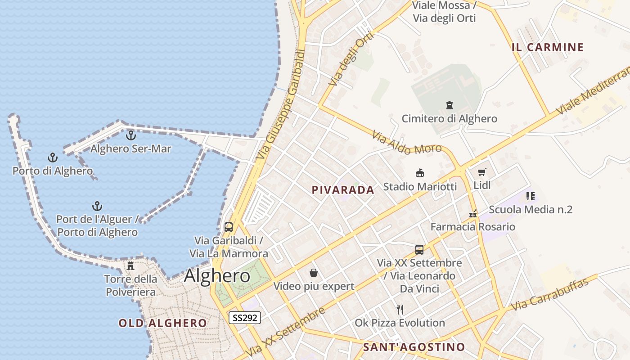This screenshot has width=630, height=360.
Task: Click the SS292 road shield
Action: click(245, 318)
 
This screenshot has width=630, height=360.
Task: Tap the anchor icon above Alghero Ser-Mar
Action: click(131, 135)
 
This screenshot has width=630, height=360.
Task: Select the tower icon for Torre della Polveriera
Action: click(130, 266)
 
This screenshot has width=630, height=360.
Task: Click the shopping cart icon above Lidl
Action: click(482, 172)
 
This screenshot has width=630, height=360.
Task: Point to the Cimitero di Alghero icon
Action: click(449, 106)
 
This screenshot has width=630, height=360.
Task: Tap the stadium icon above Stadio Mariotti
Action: click(420, 173)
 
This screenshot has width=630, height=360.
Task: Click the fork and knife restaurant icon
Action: click(400, 310)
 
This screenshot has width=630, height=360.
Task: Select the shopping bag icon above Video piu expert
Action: click(314, 273)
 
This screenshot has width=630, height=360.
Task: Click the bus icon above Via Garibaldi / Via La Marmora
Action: click(229, 227)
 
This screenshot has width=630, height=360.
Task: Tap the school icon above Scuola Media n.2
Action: click(530, 196)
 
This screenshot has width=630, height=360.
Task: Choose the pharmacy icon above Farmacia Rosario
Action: click(473, 214)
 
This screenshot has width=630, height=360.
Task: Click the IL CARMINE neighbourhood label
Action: click(548, 47)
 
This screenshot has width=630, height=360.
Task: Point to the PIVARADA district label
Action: click(343, 190)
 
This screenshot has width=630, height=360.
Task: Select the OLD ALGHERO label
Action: click(162, 323)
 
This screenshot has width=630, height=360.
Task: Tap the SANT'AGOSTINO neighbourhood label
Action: click(414, 347)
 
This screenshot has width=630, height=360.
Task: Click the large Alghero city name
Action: click(217, 276)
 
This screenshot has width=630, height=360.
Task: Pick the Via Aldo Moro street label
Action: click(407, 143)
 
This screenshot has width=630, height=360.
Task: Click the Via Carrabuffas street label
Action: click(550, 295)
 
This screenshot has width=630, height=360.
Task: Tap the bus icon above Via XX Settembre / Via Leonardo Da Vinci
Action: click(419, 250)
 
